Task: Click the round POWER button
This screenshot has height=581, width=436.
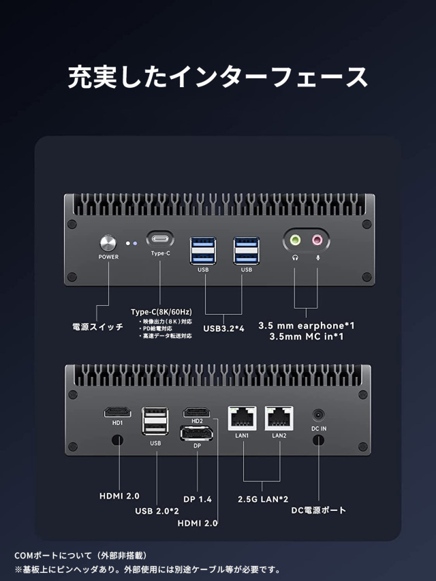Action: tap(108, 243)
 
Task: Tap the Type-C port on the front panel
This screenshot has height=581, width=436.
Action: tap(160, 240)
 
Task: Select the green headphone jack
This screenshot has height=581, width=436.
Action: tap(296, 240)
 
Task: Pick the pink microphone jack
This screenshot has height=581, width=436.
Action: tap(317, 240)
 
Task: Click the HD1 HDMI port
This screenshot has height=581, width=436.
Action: tap(117, 412)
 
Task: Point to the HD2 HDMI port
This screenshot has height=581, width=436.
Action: tap(197, 412)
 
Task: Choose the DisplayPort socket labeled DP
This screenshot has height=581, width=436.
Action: tap(196, 433)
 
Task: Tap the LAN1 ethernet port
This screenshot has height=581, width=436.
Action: tap(243, 417)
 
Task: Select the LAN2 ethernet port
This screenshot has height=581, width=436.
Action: tap(279, 417)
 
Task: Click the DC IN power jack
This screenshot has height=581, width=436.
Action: tap(319, 414)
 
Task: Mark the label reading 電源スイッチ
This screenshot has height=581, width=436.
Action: tap(98, 327)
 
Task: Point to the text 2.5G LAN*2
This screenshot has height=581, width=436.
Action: tap(263, 499)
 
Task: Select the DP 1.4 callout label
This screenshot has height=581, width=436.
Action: tap(198, 499)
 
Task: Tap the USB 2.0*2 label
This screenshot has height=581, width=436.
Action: tap(157, 512)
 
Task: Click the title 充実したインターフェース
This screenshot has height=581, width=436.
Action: tap(218, 77)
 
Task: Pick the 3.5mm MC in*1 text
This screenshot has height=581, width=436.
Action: tap(306, 337)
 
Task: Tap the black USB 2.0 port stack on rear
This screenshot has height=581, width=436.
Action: tap(155, 422)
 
